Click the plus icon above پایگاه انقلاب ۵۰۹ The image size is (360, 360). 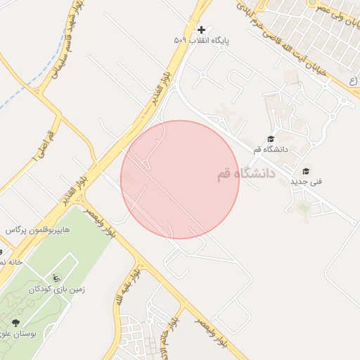(202, 30)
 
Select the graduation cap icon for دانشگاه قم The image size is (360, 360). (271, 139)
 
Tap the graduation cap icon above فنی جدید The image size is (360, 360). (306, 171)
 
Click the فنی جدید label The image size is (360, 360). (307, 181)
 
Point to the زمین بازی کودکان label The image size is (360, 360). (56, 289)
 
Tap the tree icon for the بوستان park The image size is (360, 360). (15, 322)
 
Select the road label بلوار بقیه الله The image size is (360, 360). (127, 287)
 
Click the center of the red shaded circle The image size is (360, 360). (180, 179)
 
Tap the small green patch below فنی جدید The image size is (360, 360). (303, 207)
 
